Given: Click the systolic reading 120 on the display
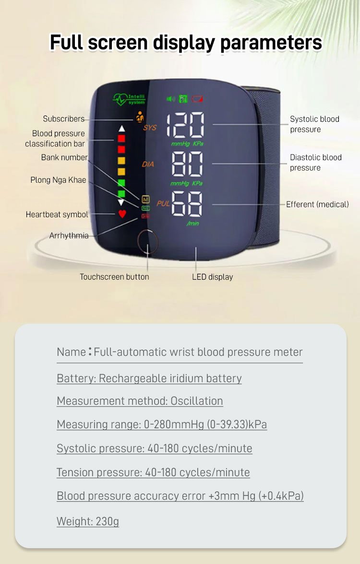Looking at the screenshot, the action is click(x=185, y=125).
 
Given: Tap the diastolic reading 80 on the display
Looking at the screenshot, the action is click(x=187, y=164).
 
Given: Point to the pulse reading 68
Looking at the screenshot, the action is click(x=187, y=204).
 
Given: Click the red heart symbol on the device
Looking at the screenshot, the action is click(x=122, y=214).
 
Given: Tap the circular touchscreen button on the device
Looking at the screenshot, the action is click(x=147, y=241).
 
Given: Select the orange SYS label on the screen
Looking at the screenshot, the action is click(x=150, y=128).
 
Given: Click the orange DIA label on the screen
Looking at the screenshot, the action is click(x=148, y=164).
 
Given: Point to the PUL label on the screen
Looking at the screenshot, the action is click(x=163, y=203).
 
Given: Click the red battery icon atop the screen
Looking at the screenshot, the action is click(x=197, y=99).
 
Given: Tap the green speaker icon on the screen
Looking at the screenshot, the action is click(x=171, y=99).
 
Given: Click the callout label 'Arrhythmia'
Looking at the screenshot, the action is click(x=69, y=235).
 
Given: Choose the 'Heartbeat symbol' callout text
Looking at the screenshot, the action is click(x=57, y=215).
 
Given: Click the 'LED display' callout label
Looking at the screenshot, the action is click(x=212, y=277).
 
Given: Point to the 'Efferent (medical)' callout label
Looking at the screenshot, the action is click(x=318, y=204).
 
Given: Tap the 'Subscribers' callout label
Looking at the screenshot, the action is click(x=64, y=119).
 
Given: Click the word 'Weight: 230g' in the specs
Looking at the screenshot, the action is click(x=88, y=521).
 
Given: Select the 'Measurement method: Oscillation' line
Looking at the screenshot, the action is click(x=140, y=401).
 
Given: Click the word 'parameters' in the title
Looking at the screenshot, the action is click(x=271, y=43).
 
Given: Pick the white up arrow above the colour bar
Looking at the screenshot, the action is click(x=122, y=129).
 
